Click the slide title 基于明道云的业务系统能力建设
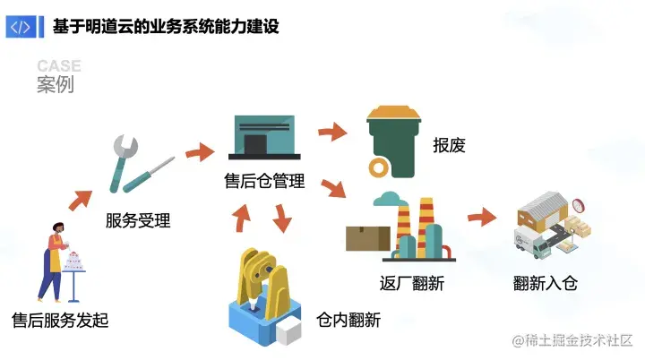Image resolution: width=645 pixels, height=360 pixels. click(x=167, y=27)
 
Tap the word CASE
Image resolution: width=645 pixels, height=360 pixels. click(x=59, y=66)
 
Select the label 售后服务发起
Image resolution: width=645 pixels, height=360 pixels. click(x=60, y=320)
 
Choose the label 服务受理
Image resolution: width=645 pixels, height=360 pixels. click(x=137, y=220)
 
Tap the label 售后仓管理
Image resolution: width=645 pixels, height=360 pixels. click(x=264, y=181)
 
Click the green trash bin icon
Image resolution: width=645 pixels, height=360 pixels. click(x=394, y=141)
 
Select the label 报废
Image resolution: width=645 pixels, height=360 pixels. click(x=450, y=145)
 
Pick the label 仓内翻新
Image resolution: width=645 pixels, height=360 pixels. click(x=348, y=320)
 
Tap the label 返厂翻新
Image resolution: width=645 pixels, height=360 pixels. click(x=412, y=284)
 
